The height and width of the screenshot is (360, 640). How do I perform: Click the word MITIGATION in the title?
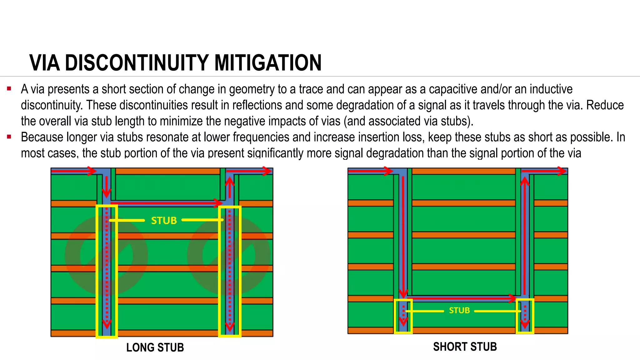(268, 63)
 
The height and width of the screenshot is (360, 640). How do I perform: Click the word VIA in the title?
(45, 63)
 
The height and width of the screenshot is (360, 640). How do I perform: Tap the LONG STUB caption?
(155, 347)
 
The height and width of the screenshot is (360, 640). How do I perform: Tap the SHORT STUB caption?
(465, 347)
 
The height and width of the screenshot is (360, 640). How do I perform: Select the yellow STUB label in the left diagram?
(164, 221)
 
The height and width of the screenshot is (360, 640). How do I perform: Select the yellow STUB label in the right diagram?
(459, 310)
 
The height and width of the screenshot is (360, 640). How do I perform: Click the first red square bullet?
(9, 89)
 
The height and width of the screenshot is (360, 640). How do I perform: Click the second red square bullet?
(9, 137)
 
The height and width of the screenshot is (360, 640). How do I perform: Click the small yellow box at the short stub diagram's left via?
(403, 316)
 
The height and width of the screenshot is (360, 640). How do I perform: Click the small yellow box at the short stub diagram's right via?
(525, 316)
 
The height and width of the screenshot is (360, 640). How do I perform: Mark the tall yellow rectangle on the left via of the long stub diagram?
(107, 271)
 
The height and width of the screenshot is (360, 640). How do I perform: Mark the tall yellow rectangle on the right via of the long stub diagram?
(230, 271)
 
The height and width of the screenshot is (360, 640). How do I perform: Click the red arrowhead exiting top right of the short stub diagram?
(562, 171)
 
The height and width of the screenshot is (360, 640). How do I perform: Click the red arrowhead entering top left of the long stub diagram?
(92, 171)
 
